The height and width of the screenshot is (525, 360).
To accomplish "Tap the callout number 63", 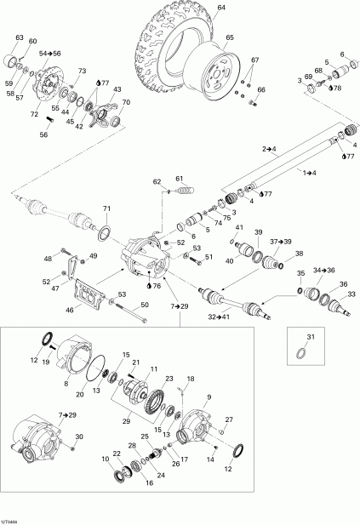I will coord(19,37).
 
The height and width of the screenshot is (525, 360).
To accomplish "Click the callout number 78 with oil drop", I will coord(334,88).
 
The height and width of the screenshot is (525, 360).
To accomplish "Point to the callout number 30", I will coord(79,437).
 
